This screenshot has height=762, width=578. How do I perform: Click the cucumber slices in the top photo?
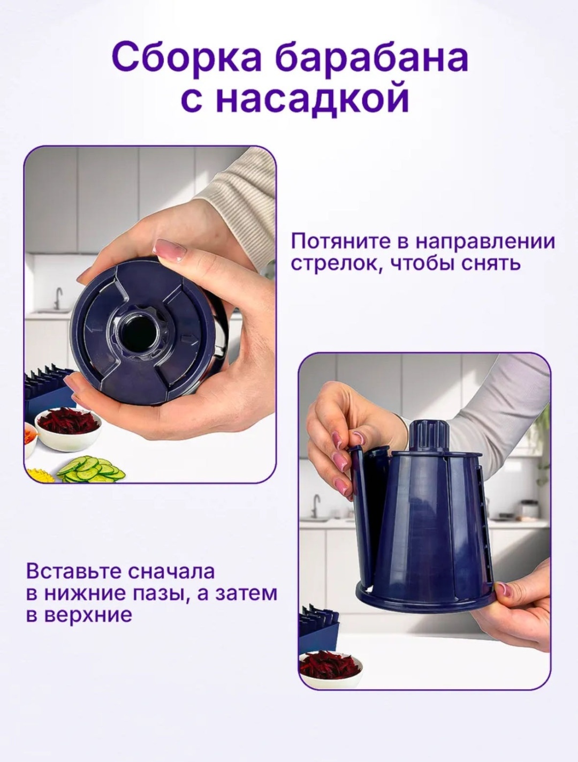91,469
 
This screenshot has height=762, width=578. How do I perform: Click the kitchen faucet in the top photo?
58,299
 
